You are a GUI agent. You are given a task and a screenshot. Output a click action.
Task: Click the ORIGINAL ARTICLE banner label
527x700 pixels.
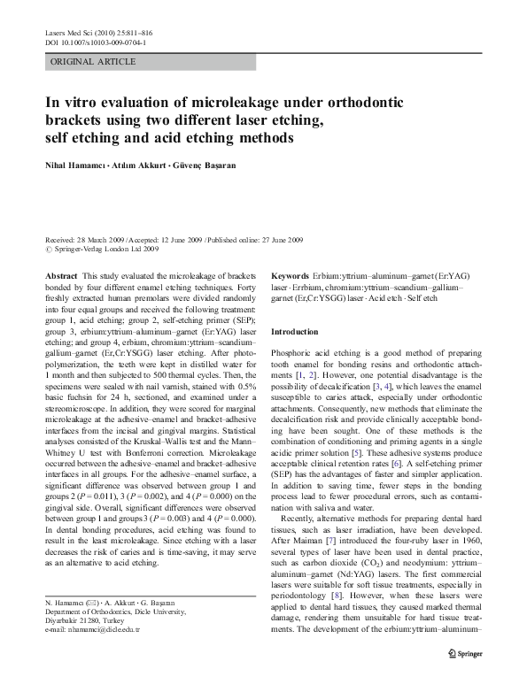point(94,61)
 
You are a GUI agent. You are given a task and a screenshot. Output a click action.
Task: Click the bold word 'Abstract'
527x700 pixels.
point(61,277)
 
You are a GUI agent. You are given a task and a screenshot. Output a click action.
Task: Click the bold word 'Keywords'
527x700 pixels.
point(290,277)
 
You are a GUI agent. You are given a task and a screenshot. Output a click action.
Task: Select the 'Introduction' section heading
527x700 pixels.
point(294,331)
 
